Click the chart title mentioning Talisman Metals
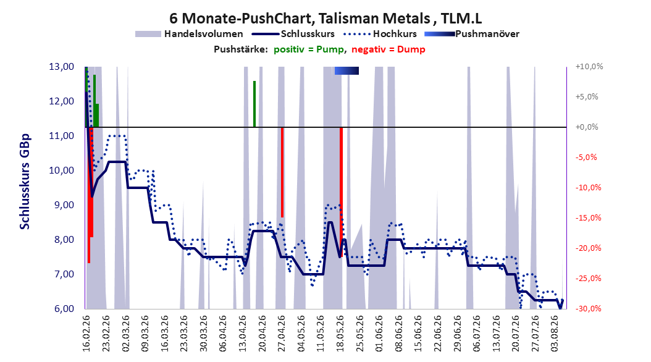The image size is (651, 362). (325, 19)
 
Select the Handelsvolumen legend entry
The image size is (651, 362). (190, 34)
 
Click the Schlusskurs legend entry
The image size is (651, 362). (293, 34)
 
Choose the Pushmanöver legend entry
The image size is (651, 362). (472, 34)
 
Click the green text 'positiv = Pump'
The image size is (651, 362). (309, 49)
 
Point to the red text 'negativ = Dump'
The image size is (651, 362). (388, 49)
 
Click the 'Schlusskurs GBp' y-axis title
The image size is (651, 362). (25, 182)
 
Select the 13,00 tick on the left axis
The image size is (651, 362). (61, 67)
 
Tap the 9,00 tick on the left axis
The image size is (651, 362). (61, 205)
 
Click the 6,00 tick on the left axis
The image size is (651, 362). (61, 309)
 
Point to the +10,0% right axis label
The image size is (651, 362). (589, 67)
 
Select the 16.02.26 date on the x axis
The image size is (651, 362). (86, 334)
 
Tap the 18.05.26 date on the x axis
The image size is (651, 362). (340, 334)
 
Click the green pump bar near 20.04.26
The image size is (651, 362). (254, 104)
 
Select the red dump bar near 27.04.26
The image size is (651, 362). (282, 172)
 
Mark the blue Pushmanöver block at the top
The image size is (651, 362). (346, 70)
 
